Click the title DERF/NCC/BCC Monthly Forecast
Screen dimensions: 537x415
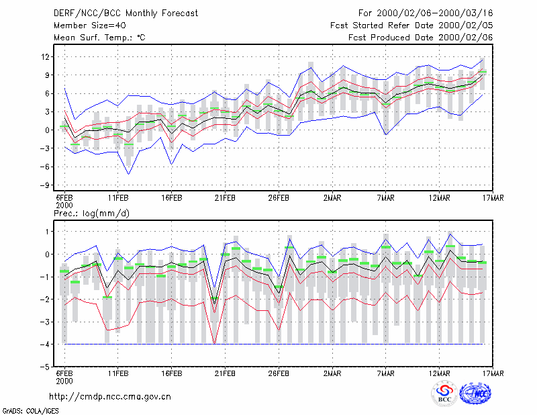click(x=126, y=13)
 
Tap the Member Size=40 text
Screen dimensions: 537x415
click(x=90, y=26)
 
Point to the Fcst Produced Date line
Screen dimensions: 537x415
click(x=420, y=38)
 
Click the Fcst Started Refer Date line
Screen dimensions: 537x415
click(x=411, y=26)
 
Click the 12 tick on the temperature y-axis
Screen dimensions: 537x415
click(x=45, y=56)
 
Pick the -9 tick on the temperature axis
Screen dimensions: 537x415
click(x=44, y=185)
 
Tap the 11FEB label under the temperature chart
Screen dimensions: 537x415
click(x=118, y=198)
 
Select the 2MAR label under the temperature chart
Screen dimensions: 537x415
click(x=332, y=198)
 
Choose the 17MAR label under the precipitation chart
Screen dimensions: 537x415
click(x=493, y=373)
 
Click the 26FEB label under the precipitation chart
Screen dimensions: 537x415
click(x=279, y=373)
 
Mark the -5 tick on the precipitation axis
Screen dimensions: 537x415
click(x=44, y=367)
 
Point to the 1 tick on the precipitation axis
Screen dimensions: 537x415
click(x=47, y=232)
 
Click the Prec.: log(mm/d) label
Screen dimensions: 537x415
click(x=91, y=214)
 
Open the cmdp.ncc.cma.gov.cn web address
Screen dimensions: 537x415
click(x=110, y=397)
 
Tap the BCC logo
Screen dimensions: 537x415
click(x=444, y=394)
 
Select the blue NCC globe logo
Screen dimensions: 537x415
click(x=475, y=394)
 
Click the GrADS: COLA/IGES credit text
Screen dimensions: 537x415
click(x=30, y=411)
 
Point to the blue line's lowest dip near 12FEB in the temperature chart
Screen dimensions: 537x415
click(x=129, y=174)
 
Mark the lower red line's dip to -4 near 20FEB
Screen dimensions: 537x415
click(x=214, y=343)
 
